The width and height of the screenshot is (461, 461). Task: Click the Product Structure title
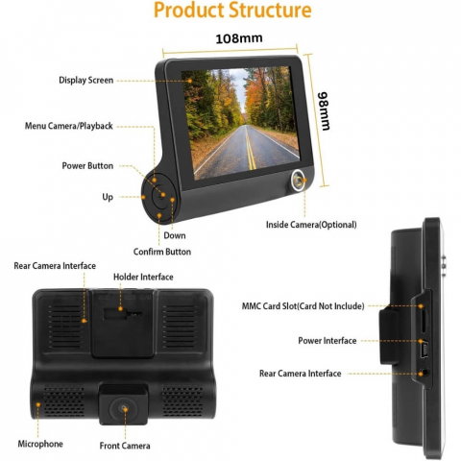232,10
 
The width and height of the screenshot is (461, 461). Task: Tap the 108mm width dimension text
239,38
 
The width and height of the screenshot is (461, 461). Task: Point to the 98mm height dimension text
324,111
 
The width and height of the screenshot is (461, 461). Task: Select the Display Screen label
85,80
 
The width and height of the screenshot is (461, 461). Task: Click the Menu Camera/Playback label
69,126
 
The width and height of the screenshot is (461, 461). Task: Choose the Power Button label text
87,166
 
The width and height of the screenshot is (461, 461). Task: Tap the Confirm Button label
162,252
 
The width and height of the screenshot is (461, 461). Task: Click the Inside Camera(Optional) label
311,225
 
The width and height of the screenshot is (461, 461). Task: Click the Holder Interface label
143,277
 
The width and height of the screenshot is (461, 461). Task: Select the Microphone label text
40,444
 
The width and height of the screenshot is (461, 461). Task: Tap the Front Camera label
125,446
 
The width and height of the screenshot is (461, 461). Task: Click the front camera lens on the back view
124,409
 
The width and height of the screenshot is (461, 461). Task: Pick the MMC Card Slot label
303,306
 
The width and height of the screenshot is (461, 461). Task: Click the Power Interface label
328,341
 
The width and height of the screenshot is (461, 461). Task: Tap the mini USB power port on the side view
424,350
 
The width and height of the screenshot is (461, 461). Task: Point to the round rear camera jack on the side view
425,374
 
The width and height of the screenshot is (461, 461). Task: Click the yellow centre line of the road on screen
250,147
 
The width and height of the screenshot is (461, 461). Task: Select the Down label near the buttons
175,235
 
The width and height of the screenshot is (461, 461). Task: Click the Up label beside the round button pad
108,197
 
